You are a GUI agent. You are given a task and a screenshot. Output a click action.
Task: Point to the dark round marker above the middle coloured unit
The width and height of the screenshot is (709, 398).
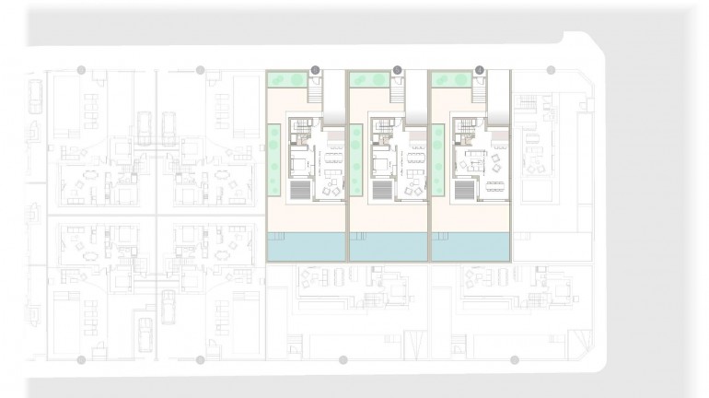pos(397,69)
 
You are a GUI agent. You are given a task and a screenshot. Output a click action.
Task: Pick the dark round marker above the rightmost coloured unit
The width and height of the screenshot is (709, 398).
pos(479,69)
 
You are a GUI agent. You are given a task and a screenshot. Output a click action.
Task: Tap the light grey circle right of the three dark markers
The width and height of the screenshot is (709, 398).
pos(551,69)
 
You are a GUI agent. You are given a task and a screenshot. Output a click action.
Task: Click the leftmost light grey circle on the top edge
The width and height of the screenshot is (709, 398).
pos(82,69)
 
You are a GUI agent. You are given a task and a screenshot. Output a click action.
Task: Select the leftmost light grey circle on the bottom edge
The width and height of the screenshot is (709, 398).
pos(82,359)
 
